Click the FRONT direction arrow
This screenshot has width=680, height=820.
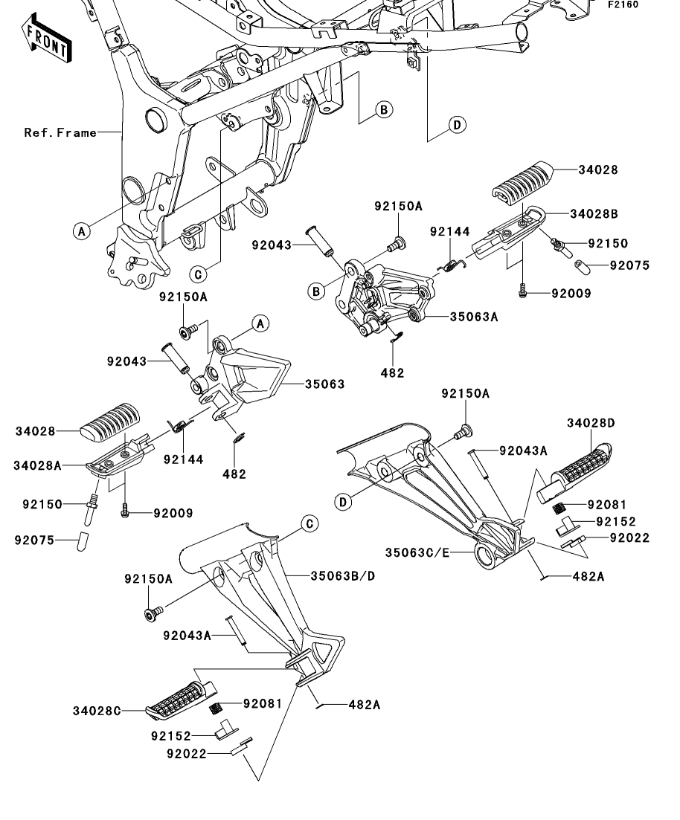(x=47, y=39)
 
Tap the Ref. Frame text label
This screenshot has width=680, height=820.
(x=60, y=133)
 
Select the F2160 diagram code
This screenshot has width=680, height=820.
(x=623, y=4)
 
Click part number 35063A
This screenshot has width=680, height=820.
(x=474, y=317)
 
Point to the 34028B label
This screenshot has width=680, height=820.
(x=594, y=214)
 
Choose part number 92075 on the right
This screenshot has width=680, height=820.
(x=629, y=265)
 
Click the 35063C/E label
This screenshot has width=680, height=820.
(x=417, y=553)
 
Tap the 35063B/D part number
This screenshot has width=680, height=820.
(x=343, y=575)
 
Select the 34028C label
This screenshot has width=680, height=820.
(x=97, y=711)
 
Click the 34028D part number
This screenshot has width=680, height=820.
(x=591, y=422)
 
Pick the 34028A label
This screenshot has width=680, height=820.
(x=38, y=465)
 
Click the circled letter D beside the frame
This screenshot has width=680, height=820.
(x=457, y=125)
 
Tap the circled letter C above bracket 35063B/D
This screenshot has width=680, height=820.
(x=310, y=524)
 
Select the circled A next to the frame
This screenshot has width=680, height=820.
(x=82, y=230)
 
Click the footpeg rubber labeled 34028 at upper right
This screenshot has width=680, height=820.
(x=522, y=181)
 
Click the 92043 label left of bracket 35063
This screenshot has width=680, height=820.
(x=126, y=361)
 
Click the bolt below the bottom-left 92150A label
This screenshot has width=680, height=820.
(x=153, y=613)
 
